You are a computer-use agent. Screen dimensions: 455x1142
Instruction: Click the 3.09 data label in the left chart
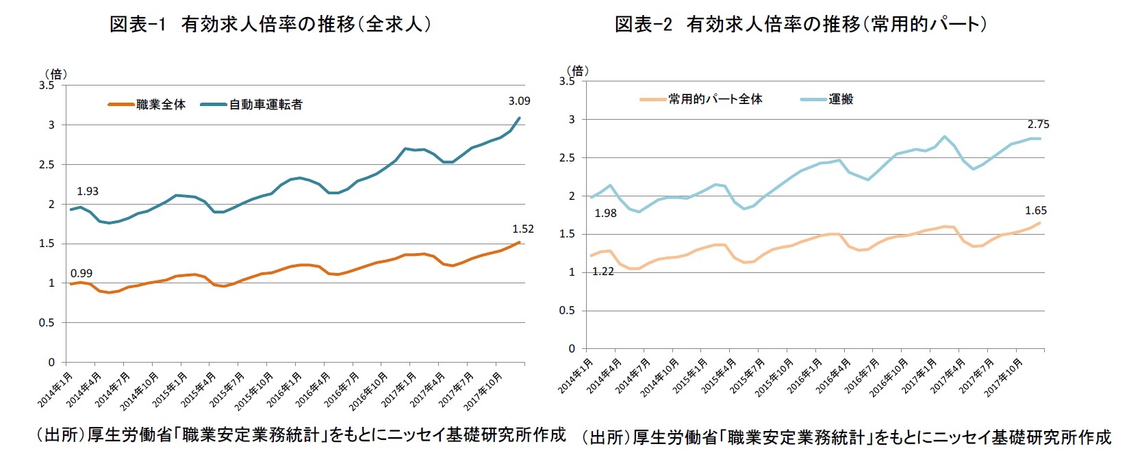[x=519, y=101]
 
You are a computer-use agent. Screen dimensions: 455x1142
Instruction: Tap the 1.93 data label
[x=88, y=192]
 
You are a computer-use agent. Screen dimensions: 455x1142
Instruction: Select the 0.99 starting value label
[x=81, y=273]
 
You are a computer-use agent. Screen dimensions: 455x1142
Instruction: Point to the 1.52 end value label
[x=523, y=229]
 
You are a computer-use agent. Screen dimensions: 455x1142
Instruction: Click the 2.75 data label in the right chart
[x=1038, y=125]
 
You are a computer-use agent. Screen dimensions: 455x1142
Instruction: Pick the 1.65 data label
[x=1036, y=211]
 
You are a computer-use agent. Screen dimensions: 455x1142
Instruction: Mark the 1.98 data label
[x=606, y=213]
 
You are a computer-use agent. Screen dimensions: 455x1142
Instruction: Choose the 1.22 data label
[x=603, y=272]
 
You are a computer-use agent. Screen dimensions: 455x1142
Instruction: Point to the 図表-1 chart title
[x=270, y=25]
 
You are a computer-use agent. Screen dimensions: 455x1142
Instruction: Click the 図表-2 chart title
[x=801, y=25]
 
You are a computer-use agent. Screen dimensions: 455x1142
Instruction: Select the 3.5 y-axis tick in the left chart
[x=47, y=86]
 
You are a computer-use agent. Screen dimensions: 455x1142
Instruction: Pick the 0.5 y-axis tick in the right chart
[x=568, y=311]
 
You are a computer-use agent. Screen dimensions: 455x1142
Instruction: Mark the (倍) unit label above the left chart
[x=55, y=74]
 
